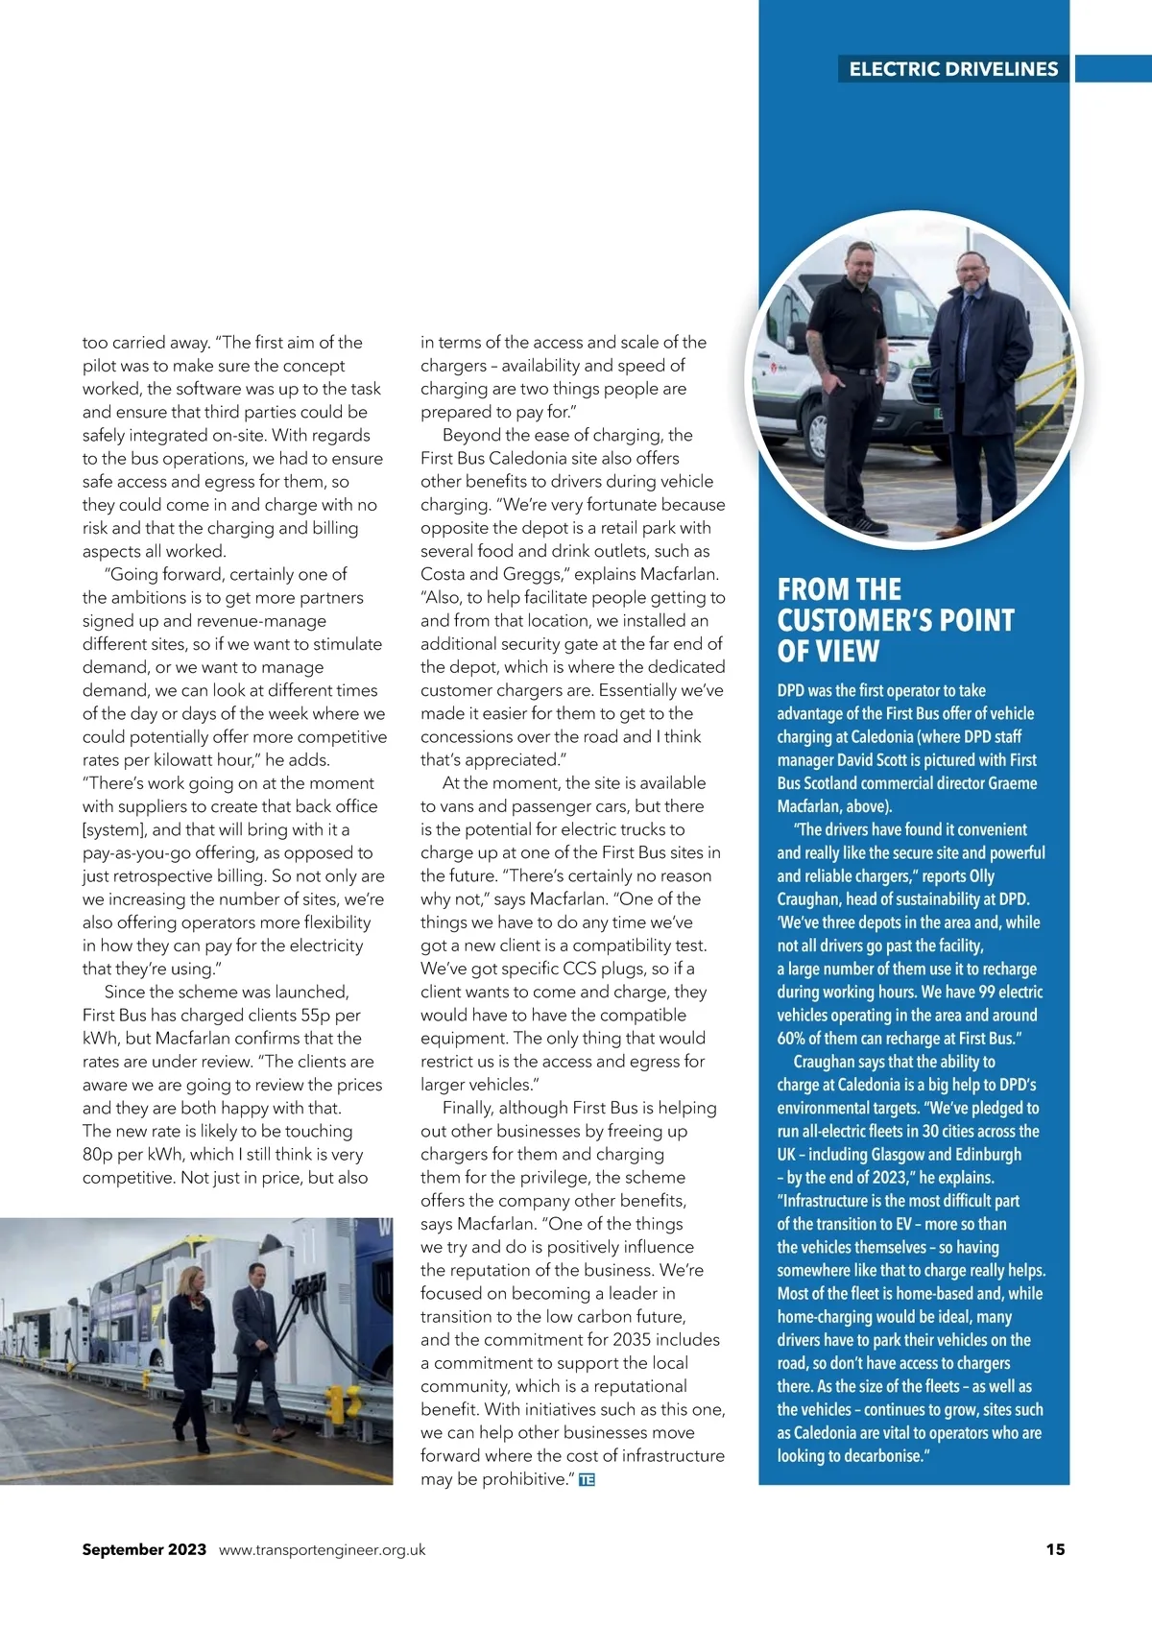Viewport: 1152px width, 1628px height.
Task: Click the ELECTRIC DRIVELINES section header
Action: click(x=953, y=69)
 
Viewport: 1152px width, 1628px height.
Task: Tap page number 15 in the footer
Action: click(x=1055, y=1549)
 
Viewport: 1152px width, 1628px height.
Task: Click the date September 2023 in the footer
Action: click(x=144, y=1549)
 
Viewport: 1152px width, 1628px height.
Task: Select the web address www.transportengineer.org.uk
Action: click(x=323, y=1549)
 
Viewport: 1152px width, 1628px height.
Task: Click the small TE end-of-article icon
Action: click(x=588, y=1480)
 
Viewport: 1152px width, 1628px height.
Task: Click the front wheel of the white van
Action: click(x=818, y=437)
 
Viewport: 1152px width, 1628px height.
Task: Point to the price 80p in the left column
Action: click(x=99, y=1154)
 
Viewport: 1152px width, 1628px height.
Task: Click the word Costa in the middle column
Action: click(x=444, y=574)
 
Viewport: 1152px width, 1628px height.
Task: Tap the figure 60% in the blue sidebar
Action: click(x=795, y=1039)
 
